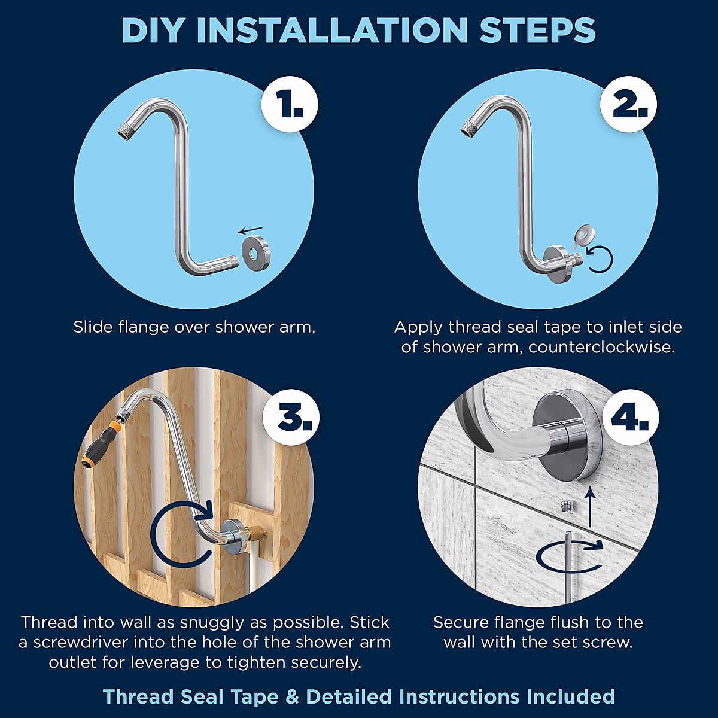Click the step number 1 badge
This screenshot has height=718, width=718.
(290, 104)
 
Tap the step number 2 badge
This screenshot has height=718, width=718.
(629, 104)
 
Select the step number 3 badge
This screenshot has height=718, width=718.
(291, 418)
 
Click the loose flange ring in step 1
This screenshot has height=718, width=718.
(256, 251)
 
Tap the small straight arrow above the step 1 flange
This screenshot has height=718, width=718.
(251, 230)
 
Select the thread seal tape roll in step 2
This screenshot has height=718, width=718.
(584, 238)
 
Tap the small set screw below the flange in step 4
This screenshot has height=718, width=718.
(567, 506)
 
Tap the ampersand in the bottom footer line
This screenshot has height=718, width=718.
(292, 696)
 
